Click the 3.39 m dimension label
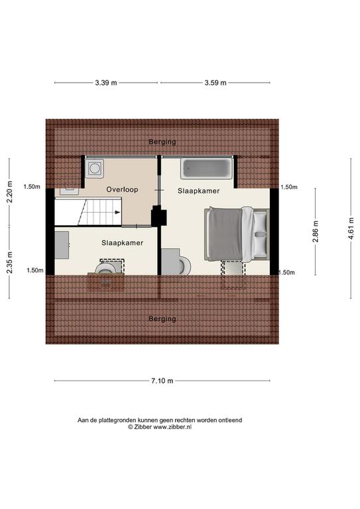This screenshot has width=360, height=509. coord(106,83)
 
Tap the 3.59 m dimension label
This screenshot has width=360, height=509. coord(215,83)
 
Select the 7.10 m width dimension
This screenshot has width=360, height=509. coord(162,381)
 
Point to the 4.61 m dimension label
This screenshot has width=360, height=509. coord(351,229)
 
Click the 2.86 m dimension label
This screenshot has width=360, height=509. coord(315,231)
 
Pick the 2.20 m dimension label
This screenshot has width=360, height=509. coord(9,192)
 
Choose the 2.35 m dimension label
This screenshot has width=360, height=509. coord(9,262)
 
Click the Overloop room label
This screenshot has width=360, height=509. coord(122,190)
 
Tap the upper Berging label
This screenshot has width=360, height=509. coord(162,142)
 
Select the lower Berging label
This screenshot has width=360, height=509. coord(162,319)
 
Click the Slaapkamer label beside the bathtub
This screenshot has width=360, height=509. coord(199,191)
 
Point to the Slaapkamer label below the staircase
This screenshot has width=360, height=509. coord(123,243)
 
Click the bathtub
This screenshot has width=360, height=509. coord(207,169)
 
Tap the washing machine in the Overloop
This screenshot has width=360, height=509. coord(94,168)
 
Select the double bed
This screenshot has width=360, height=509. coord(237,234)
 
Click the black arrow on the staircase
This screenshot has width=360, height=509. coord(117,212)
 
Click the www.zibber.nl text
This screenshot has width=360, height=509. coord(172,427)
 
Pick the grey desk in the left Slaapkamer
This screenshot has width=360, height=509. coord(62,245)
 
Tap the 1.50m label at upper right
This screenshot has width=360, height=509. coord(289,187)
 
